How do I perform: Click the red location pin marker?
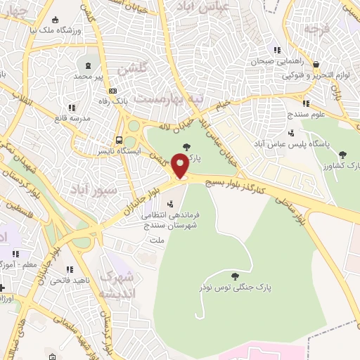(x=180, y=166)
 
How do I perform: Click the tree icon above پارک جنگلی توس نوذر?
(x=235, y=276)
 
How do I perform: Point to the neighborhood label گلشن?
(x=131, y=70)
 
